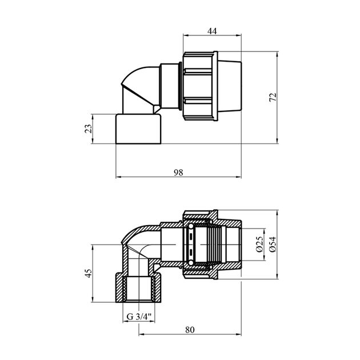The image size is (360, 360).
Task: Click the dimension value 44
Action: coord(212,31)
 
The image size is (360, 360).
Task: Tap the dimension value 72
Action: coord(273,97)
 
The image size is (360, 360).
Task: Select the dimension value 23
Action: coord(89,129)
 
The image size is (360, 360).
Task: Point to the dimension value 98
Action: coord(178,173)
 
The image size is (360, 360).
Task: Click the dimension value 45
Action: coord(89,273)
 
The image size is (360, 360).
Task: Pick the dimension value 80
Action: coord(190,330)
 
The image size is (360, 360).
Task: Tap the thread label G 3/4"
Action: coord(139,317)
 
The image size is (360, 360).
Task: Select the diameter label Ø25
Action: coord(259,245)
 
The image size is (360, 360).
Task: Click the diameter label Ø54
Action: coord(273,245)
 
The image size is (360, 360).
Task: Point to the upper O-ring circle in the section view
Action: coord(190,227)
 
